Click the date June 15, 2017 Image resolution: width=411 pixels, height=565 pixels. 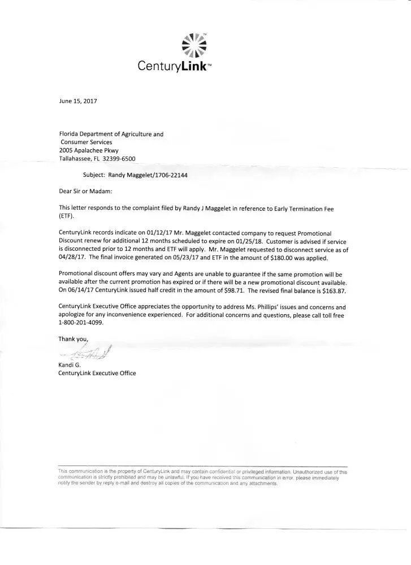[x=79, y=102]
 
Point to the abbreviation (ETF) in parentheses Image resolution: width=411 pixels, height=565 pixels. [x=67, y=216]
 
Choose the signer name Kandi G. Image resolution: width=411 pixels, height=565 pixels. [x=70, y=365]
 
